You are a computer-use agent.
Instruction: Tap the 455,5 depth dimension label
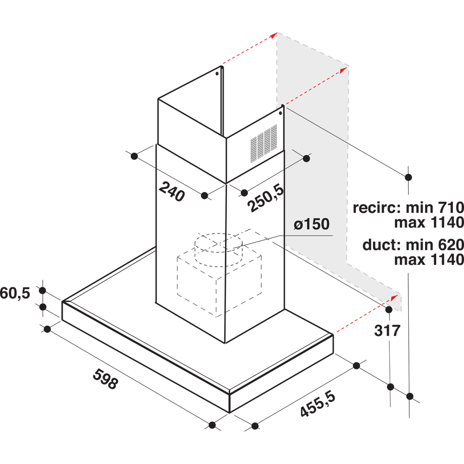pyautogui.click(x=318, y=404)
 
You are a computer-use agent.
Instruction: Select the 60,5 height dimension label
pyautogui.click(x=15, y=293)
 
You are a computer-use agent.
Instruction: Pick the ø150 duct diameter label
pyautogui.click(x=312, y=224)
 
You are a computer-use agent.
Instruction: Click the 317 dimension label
pyautogui.click(x=387, y=330)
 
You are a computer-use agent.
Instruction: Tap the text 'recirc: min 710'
pyautogui.click(x=408, y=208)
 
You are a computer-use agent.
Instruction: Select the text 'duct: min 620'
pyautogui.click(x=413, y=245)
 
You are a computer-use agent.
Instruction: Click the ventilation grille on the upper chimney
pyautogui.click(x=264, y=143)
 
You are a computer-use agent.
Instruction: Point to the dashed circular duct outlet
pyautogui.click(x=219, y=250)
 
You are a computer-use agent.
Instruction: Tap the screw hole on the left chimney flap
pyautogui.click(x=217, y=73)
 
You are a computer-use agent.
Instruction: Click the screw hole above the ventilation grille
pyautogui.click(x=280, y=113)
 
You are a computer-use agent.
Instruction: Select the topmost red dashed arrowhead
pyautogui.click(x=273, y=35)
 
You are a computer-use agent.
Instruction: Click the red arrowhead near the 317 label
pyautogui.click(x=394, y=297)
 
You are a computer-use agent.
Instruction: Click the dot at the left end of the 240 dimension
pyautogui.click(x=134, y=156)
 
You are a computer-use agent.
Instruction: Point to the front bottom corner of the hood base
pyautogui.click(x=230, y=412)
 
